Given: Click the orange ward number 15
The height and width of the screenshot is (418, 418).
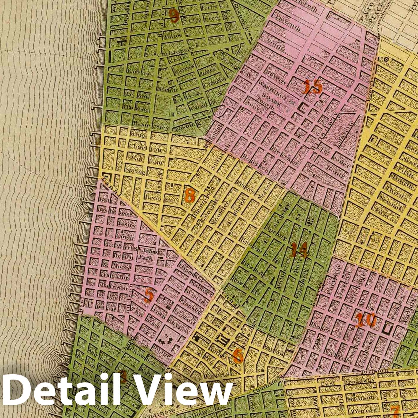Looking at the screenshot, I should [x=312, y=87].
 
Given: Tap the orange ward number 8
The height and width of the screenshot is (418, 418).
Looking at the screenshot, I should [x=189, y=195].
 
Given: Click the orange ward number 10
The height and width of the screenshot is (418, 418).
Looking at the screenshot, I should [x=365, y=320].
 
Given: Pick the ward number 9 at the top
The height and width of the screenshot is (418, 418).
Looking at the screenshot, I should [x=174, y=16].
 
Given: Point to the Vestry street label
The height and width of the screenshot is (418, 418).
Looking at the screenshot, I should [x=126, y=224].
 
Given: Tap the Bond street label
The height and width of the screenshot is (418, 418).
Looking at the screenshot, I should [x=334, y=172].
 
